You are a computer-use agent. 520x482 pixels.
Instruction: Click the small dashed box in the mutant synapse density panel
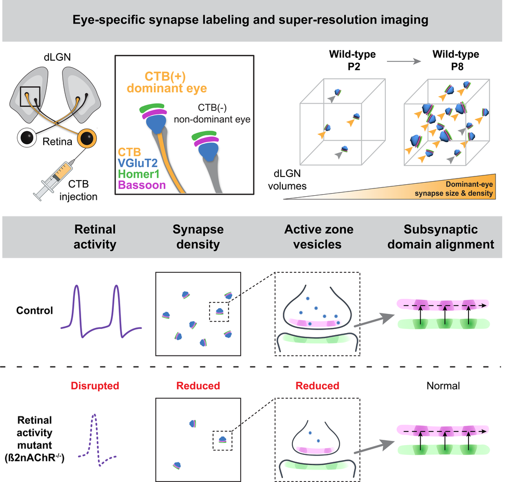(x=222, y=440)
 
